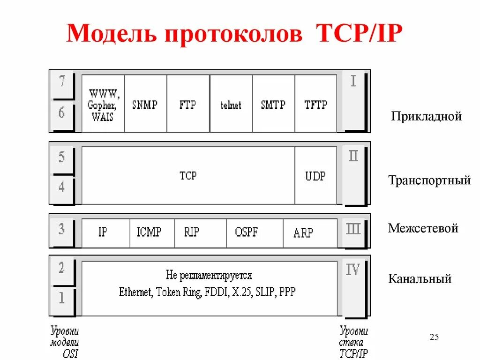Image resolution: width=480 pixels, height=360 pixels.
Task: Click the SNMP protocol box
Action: (145, 104)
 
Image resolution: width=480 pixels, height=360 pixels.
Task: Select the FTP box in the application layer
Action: (188, 104)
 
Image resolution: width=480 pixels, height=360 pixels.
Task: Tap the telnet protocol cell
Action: (231, 105)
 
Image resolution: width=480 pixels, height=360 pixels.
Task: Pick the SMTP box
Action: (273, 104)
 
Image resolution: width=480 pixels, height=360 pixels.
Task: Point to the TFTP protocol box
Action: (315, 104)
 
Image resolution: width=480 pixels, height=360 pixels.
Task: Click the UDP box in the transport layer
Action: (315, 176)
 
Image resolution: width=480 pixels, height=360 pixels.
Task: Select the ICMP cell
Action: (149, 232)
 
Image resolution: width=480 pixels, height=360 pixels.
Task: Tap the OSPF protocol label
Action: (247, 232)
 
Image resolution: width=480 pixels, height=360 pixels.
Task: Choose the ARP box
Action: (303, 232)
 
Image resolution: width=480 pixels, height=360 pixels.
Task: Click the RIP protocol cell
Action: (191, 232)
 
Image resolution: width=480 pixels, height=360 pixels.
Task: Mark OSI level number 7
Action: (62, 82)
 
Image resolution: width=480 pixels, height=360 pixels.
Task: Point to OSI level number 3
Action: (62, 230)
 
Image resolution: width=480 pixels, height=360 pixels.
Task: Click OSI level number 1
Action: (62, 298)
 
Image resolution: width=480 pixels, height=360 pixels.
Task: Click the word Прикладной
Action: (427, 116)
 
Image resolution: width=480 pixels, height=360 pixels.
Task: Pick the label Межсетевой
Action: (423, 229)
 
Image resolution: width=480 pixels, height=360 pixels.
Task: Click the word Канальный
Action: (420, 279)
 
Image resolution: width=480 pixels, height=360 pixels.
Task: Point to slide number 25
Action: (434, 337)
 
